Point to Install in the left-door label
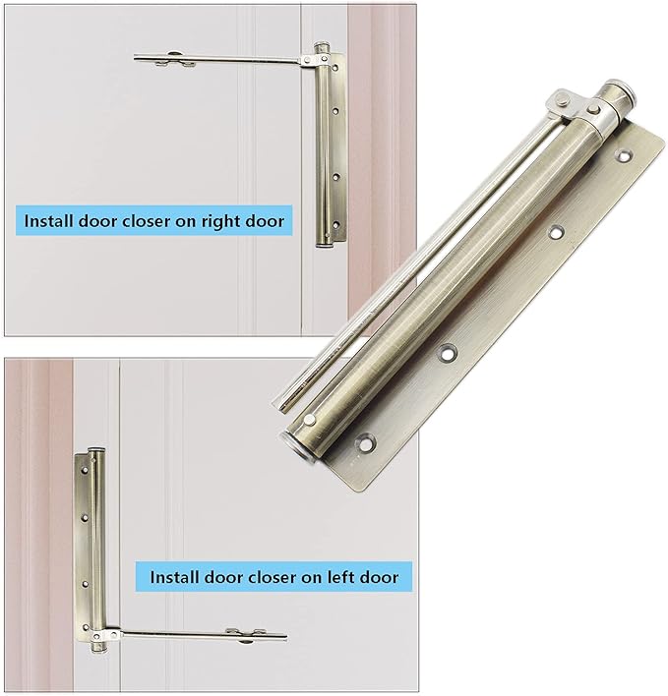(x=177, y=576)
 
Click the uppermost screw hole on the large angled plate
(x=624, y=154)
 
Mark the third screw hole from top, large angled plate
(x=451, y=352)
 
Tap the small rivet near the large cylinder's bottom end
(x=312, y=421)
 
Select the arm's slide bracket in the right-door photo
(x=174, y=60)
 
